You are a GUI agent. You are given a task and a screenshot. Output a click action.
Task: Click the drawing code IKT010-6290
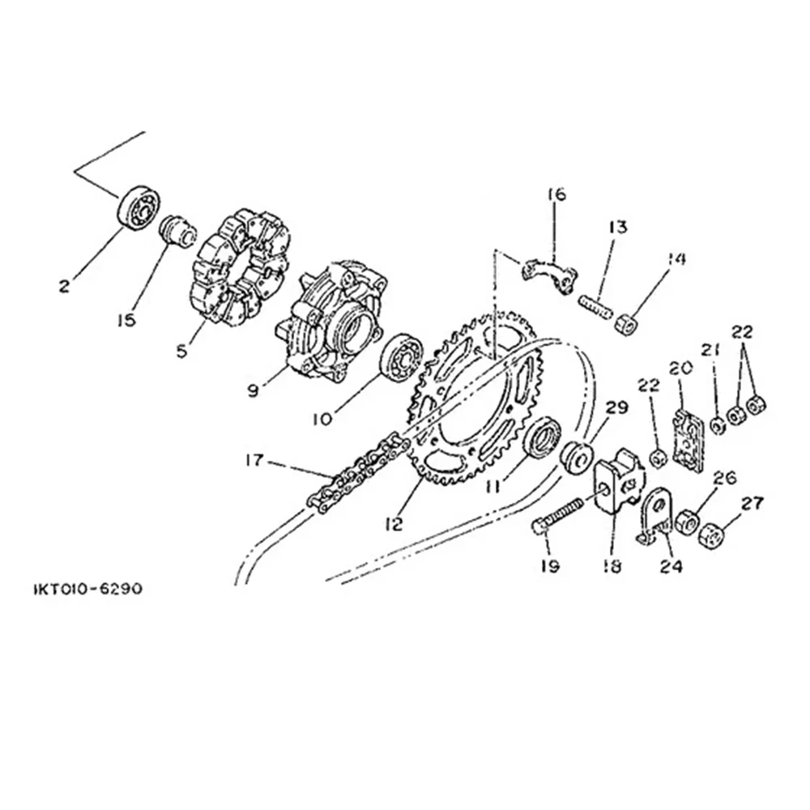point(87,589)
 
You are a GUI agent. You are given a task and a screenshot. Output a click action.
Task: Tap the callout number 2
point(64,286)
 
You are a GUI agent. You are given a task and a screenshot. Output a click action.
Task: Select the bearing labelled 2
point(139,207)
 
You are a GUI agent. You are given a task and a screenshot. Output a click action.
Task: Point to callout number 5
point(181,352)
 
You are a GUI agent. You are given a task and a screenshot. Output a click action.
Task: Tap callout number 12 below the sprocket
point(394,524)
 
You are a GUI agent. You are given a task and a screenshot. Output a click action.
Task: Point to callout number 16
point(557,194)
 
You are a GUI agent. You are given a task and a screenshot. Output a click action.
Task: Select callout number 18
point(612,566)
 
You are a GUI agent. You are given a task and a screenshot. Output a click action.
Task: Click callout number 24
point(672,566)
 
